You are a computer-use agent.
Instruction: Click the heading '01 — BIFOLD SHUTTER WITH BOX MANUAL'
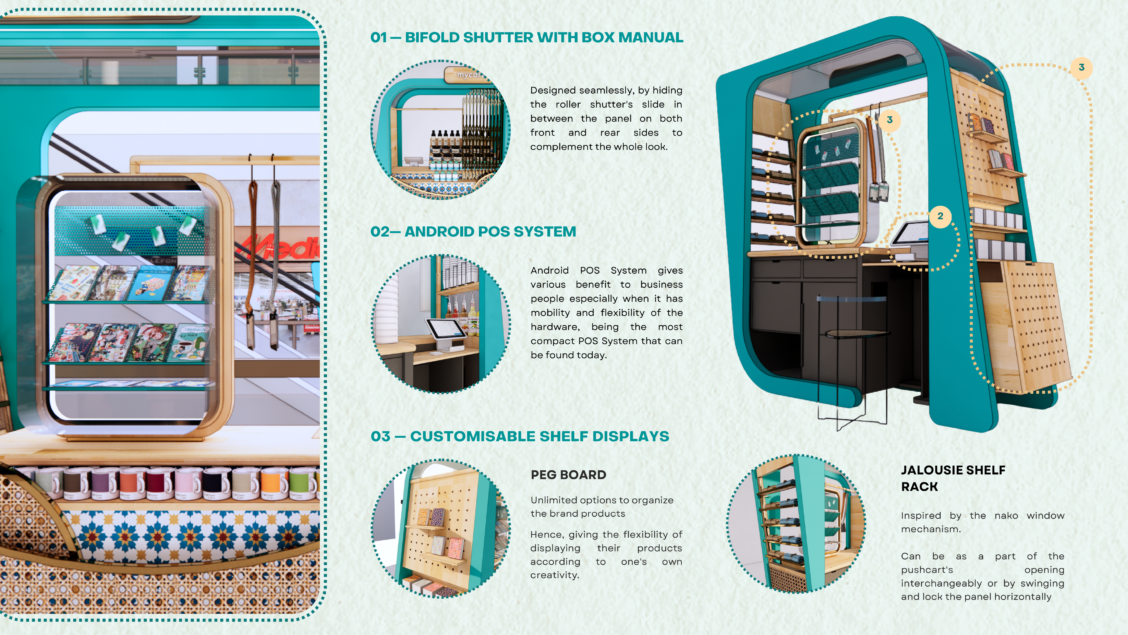point(527,38)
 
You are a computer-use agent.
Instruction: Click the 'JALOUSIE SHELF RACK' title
point(953,478)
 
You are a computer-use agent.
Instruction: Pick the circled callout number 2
point(940,216)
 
